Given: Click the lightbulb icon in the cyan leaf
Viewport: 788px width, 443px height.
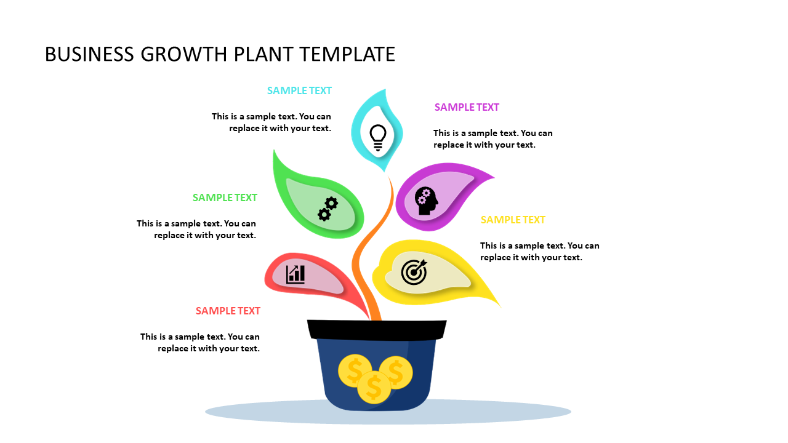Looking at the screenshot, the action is [x=377, y=137].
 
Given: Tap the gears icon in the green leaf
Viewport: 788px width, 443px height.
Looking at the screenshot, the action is [x=328, y=209].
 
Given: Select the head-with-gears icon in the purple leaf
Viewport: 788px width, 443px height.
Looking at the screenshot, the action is [x=426, y=201].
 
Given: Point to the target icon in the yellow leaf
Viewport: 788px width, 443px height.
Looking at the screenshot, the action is [x=414, y=271].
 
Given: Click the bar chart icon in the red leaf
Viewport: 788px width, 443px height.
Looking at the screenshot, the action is [x=295, y=274].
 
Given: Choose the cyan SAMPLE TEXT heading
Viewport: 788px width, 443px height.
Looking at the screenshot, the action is [x=299, y=90].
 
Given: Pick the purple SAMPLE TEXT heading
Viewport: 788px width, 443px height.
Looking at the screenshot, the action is [x=467, y=107].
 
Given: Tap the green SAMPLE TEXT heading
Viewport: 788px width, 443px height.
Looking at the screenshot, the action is [x=225, y=198].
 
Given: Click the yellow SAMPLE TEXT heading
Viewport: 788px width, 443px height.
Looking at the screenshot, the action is [x=513, y=220].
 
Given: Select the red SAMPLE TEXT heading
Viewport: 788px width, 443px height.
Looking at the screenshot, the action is [x=228, y=311].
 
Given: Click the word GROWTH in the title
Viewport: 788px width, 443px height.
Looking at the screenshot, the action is [x=183, y=54].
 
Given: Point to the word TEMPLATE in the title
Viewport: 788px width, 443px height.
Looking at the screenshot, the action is [x=347, y=54].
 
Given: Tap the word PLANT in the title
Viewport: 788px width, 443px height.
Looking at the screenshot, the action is [x=263, y=54].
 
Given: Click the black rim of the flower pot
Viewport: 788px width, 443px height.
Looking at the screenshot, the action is [x=376, y=330].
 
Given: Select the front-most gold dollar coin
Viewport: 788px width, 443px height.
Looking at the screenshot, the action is [x=374, y=387].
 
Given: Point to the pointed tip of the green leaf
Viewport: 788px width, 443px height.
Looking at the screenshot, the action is [x=275, y=151].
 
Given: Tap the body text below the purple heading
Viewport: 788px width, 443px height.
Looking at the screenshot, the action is [x=492, y=139].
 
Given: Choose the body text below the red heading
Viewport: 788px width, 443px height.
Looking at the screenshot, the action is [x=200, y=343].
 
